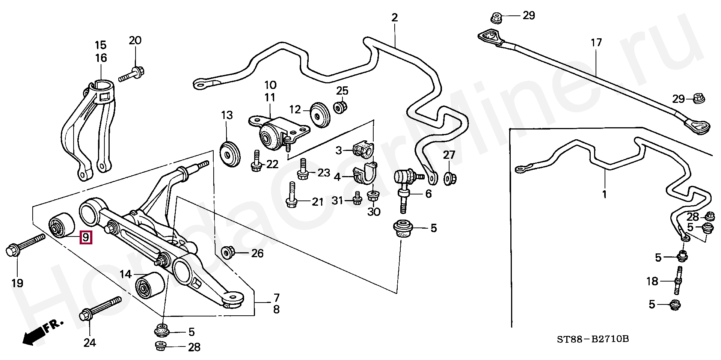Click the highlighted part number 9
86,237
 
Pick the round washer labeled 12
320,114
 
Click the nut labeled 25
341,107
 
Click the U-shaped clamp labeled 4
365,174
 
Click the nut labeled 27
448,178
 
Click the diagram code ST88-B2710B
593,339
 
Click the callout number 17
596,42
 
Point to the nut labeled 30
373,196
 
